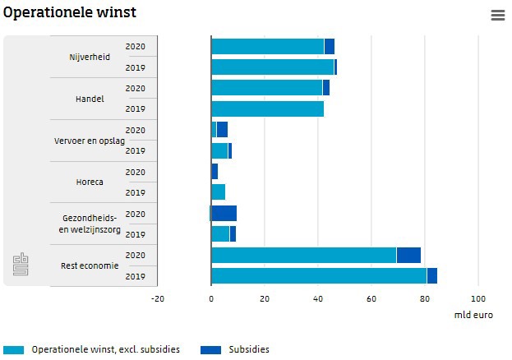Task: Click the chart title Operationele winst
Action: click(x=69, y=13)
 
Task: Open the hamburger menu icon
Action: click(x=497, y=16)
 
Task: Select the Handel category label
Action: click(x=90, y=99)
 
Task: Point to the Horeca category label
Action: click(x=90, y=182)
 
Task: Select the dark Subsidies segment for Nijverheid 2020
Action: click(x=330, y=47)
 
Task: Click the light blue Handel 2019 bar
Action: click(x=267, y=108)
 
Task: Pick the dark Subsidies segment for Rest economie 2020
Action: click(x=408, y=255)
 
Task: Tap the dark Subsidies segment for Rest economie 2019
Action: click(x=432, y=275)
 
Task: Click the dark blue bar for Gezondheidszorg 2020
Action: click(x=224, y=214)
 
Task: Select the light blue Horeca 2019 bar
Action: click(x=219, y=192)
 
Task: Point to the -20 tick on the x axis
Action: click(x=158, y=299)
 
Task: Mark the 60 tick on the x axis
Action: click(x=371, y=299)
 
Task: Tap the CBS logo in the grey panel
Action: click(x=21, y=264)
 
